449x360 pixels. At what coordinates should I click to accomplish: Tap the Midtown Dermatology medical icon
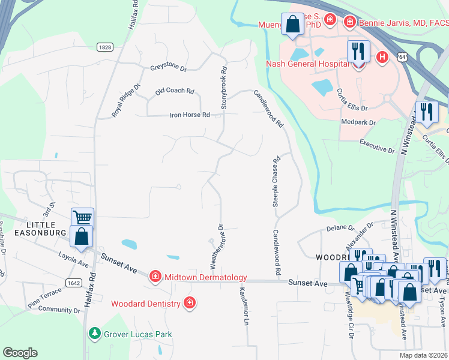(155, 276)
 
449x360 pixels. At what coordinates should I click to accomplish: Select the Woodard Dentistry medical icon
(190, 302)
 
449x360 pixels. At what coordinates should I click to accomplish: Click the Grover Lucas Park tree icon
(94, 333)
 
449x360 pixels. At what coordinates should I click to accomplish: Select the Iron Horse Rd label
(190, 115)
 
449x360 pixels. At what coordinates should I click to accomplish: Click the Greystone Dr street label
(169, 67)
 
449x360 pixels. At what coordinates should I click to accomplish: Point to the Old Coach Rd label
(175, 91)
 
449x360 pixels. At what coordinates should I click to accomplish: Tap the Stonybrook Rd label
(224, 87)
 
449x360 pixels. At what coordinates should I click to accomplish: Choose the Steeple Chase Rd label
(277, 182)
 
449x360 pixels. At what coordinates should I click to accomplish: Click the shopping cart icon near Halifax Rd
(82, 218)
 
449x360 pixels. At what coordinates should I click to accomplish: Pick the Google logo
(20, 352)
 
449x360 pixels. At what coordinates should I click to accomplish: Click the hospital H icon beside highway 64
(381, 57)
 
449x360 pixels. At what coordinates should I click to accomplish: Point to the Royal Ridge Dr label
(125, 100)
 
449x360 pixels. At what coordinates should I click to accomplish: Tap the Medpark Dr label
(358, 122)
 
